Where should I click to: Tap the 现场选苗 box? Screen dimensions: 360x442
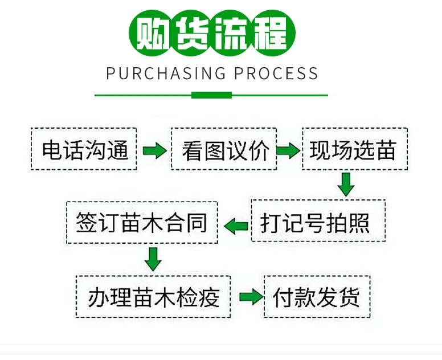pos(354,150)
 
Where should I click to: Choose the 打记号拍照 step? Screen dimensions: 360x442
pos(318,223)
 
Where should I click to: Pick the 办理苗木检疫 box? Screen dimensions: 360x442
pos(154,297)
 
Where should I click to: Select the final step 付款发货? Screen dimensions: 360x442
pos(317,297)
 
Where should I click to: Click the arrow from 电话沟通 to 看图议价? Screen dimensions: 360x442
pos(154,151)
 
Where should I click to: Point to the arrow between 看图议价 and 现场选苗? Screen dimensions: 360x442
pos(288,151)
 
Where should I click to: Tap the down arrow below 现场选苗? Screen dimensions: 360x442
pos(346,184)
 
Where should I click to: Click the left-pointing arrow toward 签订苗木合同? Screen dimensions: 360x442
pos(236,226)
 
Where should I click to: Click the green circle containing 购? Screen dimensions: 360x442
pos(151,33)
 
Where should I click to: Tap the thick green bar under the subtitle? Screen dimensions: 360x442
pos(211,95)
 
